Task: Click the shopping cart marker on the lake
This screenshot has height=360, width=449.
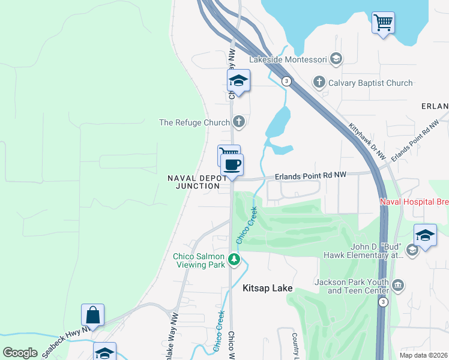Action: click(382, 23)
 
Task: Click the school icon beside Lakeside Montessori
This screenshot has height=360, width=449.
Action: click(336, 59)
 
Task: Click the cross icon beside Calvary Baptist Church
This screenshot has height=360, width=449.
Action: click(319, 82)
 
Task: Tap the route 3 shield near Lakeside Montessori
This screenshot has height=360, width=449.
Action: click(288, 81)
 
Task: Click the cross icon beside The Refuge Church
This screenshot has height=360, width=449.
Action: click(239, 122)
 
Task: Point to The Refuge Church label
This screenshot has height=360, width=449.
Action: click(194, 122)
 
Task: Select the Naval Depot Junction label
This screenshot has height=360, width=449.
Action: click(197, 182)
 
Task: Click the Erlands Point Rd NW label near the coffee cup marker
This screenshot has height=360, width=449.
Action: click(311, 176)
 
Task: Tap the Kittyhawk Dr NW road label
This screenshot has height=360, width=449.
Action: click(367, 141)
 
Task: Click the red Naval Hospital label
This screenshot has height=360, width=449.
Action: click(414, 202)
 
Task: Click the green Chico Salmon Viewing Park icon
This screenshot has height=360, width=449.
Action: click(234, 260)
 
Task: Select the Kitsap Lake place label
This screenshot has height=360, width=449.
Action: click(267, 289)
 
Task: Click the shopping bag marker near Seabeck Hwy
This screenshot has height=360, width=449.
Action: click(92, 314)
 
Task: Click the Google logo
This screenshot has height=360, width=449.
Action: click(20, 353)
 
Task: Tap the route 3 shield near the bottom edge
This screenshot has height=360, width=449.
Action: click(383, 302)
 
